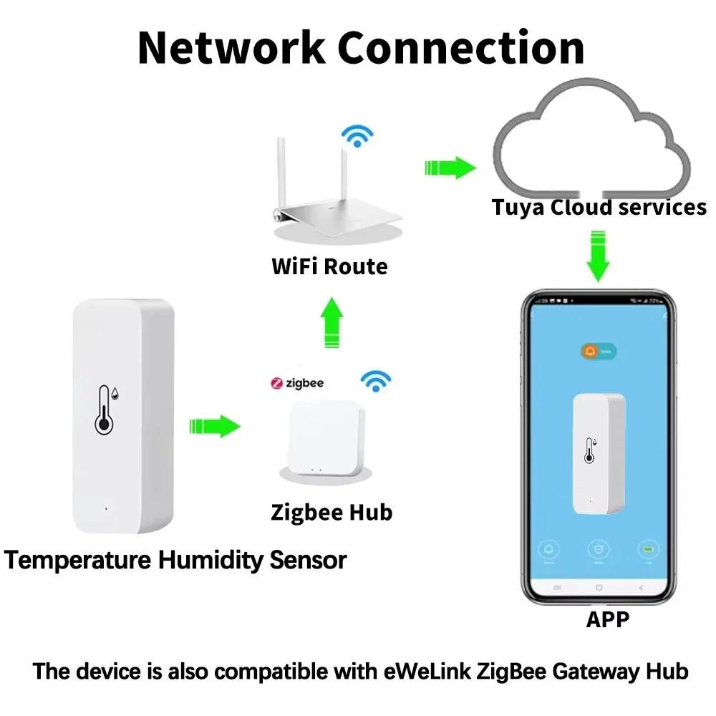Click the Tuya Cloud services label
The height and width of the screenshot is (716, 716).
599,208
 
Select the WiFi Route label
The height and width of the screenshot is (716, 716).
329,266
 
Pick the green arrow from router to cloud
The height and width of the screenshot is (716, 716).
449,168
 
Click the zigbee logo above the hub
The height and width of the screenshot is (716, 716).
297,383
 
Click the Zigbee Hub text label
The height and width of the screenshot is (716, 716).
332,512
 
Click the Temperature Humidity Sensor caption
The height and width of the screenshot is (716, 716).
175,559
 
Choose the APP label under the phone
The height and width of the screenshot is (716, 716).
609,619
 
